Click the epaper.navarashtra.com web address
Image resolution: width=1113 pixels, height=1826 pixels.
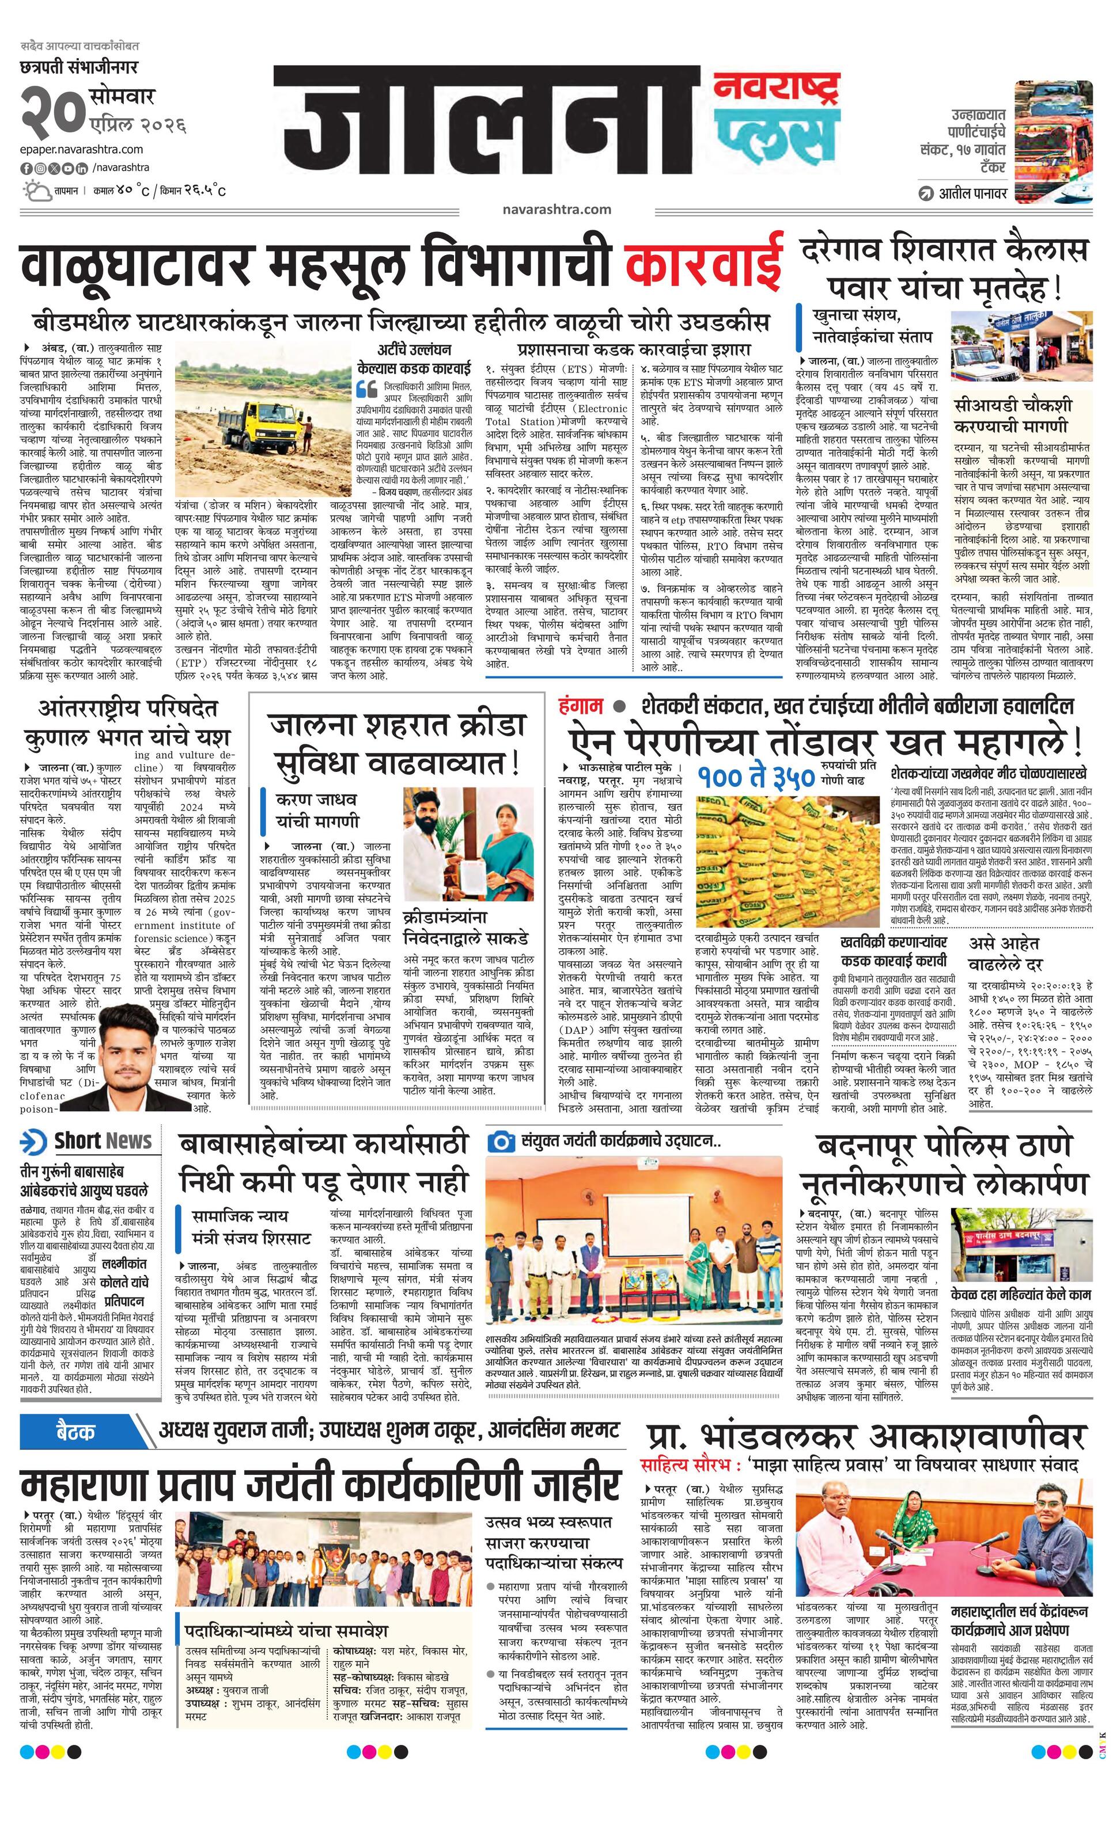pos(82,149)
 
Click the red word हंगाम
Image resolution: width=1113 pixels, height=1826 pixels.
pos(581,706)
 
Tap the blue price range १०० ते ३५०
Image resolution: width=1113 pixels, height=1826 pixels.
pos(756,776)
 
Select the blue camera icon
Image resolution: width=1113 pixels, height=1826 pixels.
pos(501,1140)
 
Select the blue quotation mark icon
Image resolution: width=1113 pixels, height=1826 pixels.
pos(366,389)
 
